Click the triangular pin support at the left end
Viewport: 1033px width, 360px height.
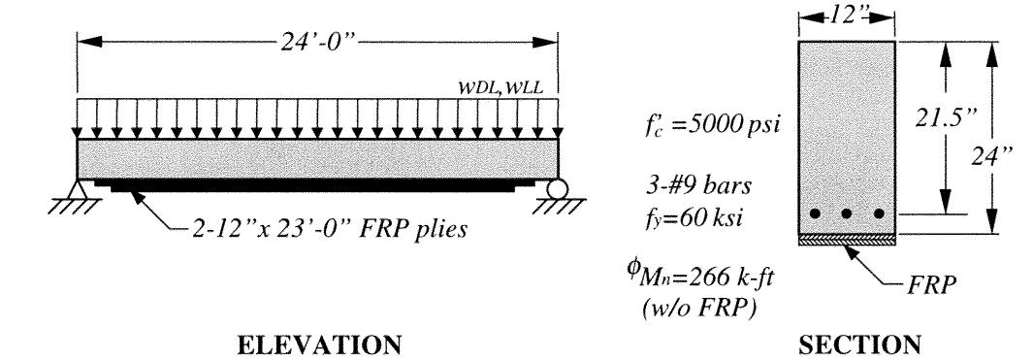(82, 188)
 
